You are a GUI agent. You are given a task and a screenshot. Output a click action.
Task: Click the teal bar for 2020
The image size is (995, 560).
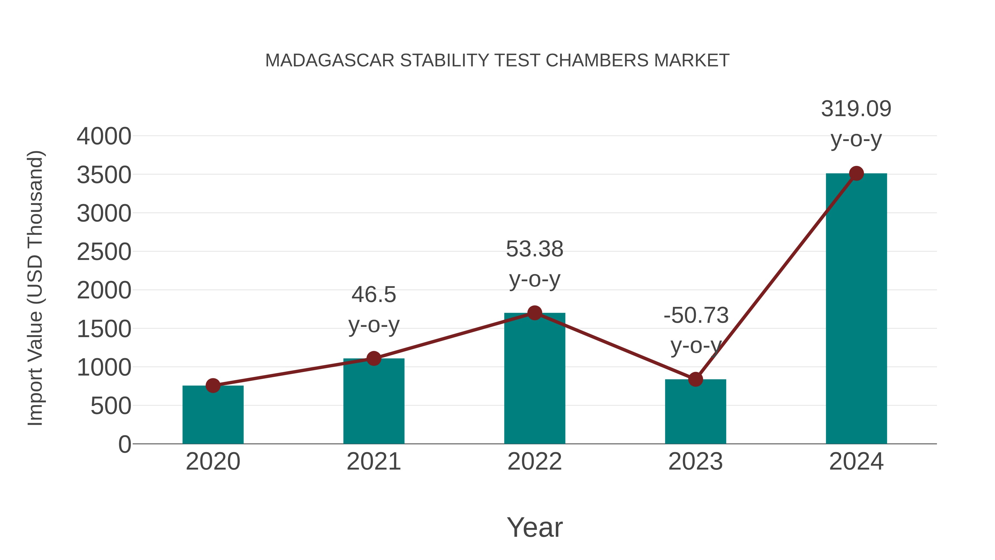[x=213, y=415]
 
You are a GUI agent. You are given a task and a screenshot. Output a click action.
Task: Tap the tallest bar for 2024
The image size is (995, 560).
[x=856, y=309]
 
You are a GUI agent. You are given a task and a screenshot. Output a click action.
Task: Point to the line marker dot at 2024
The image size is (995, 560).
[x=856, y=173]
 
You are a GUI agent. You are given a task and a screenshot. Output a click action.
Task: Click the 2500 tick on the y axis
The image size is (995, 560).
[x=104, y=252]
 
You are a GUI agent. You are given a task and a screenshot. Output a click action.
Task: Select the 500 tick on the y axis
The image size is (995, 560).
[x=111, y=406]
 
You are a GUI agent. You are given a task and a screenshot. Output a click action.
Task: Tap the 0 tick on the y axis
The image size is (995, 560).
[x=124, y=444]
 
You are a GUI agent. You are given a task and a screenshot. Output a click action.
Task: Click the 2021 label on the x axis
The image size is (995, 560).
[x=373, y=462]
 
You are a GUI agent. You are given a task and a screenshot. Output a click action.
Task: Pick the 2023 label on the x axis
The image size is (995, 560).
[x=695, y=462]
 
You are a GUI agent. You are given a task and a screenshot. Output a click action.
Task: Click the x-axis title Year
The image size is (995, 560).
[x=535, y=528]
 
